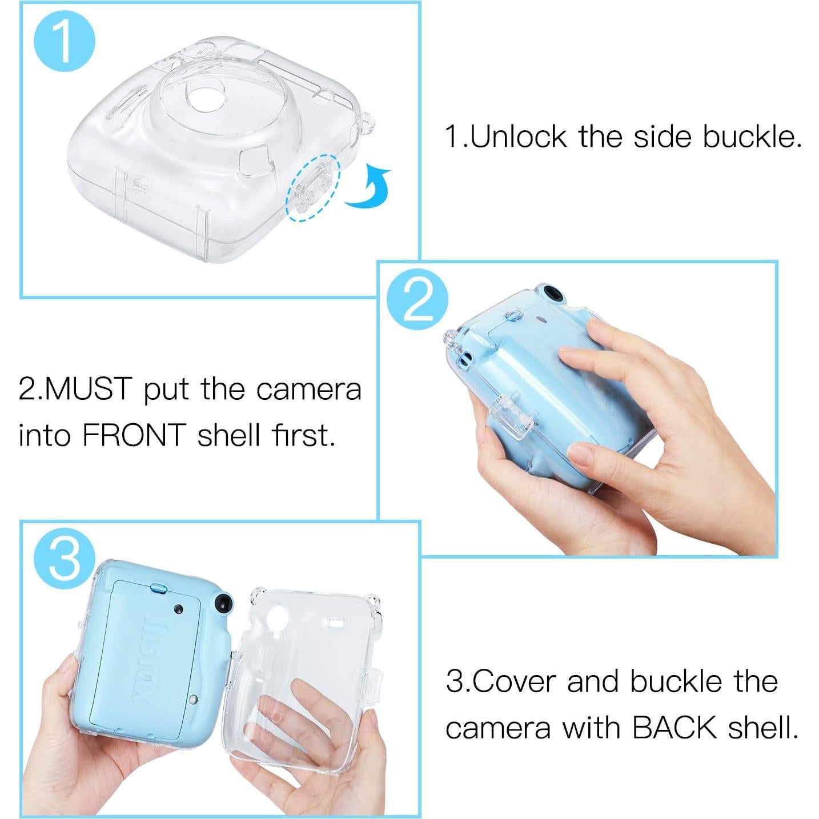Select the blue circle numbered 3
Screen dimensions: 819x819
pos(64,558)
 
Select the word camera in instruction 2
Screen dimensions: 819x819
pos(308,390)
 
